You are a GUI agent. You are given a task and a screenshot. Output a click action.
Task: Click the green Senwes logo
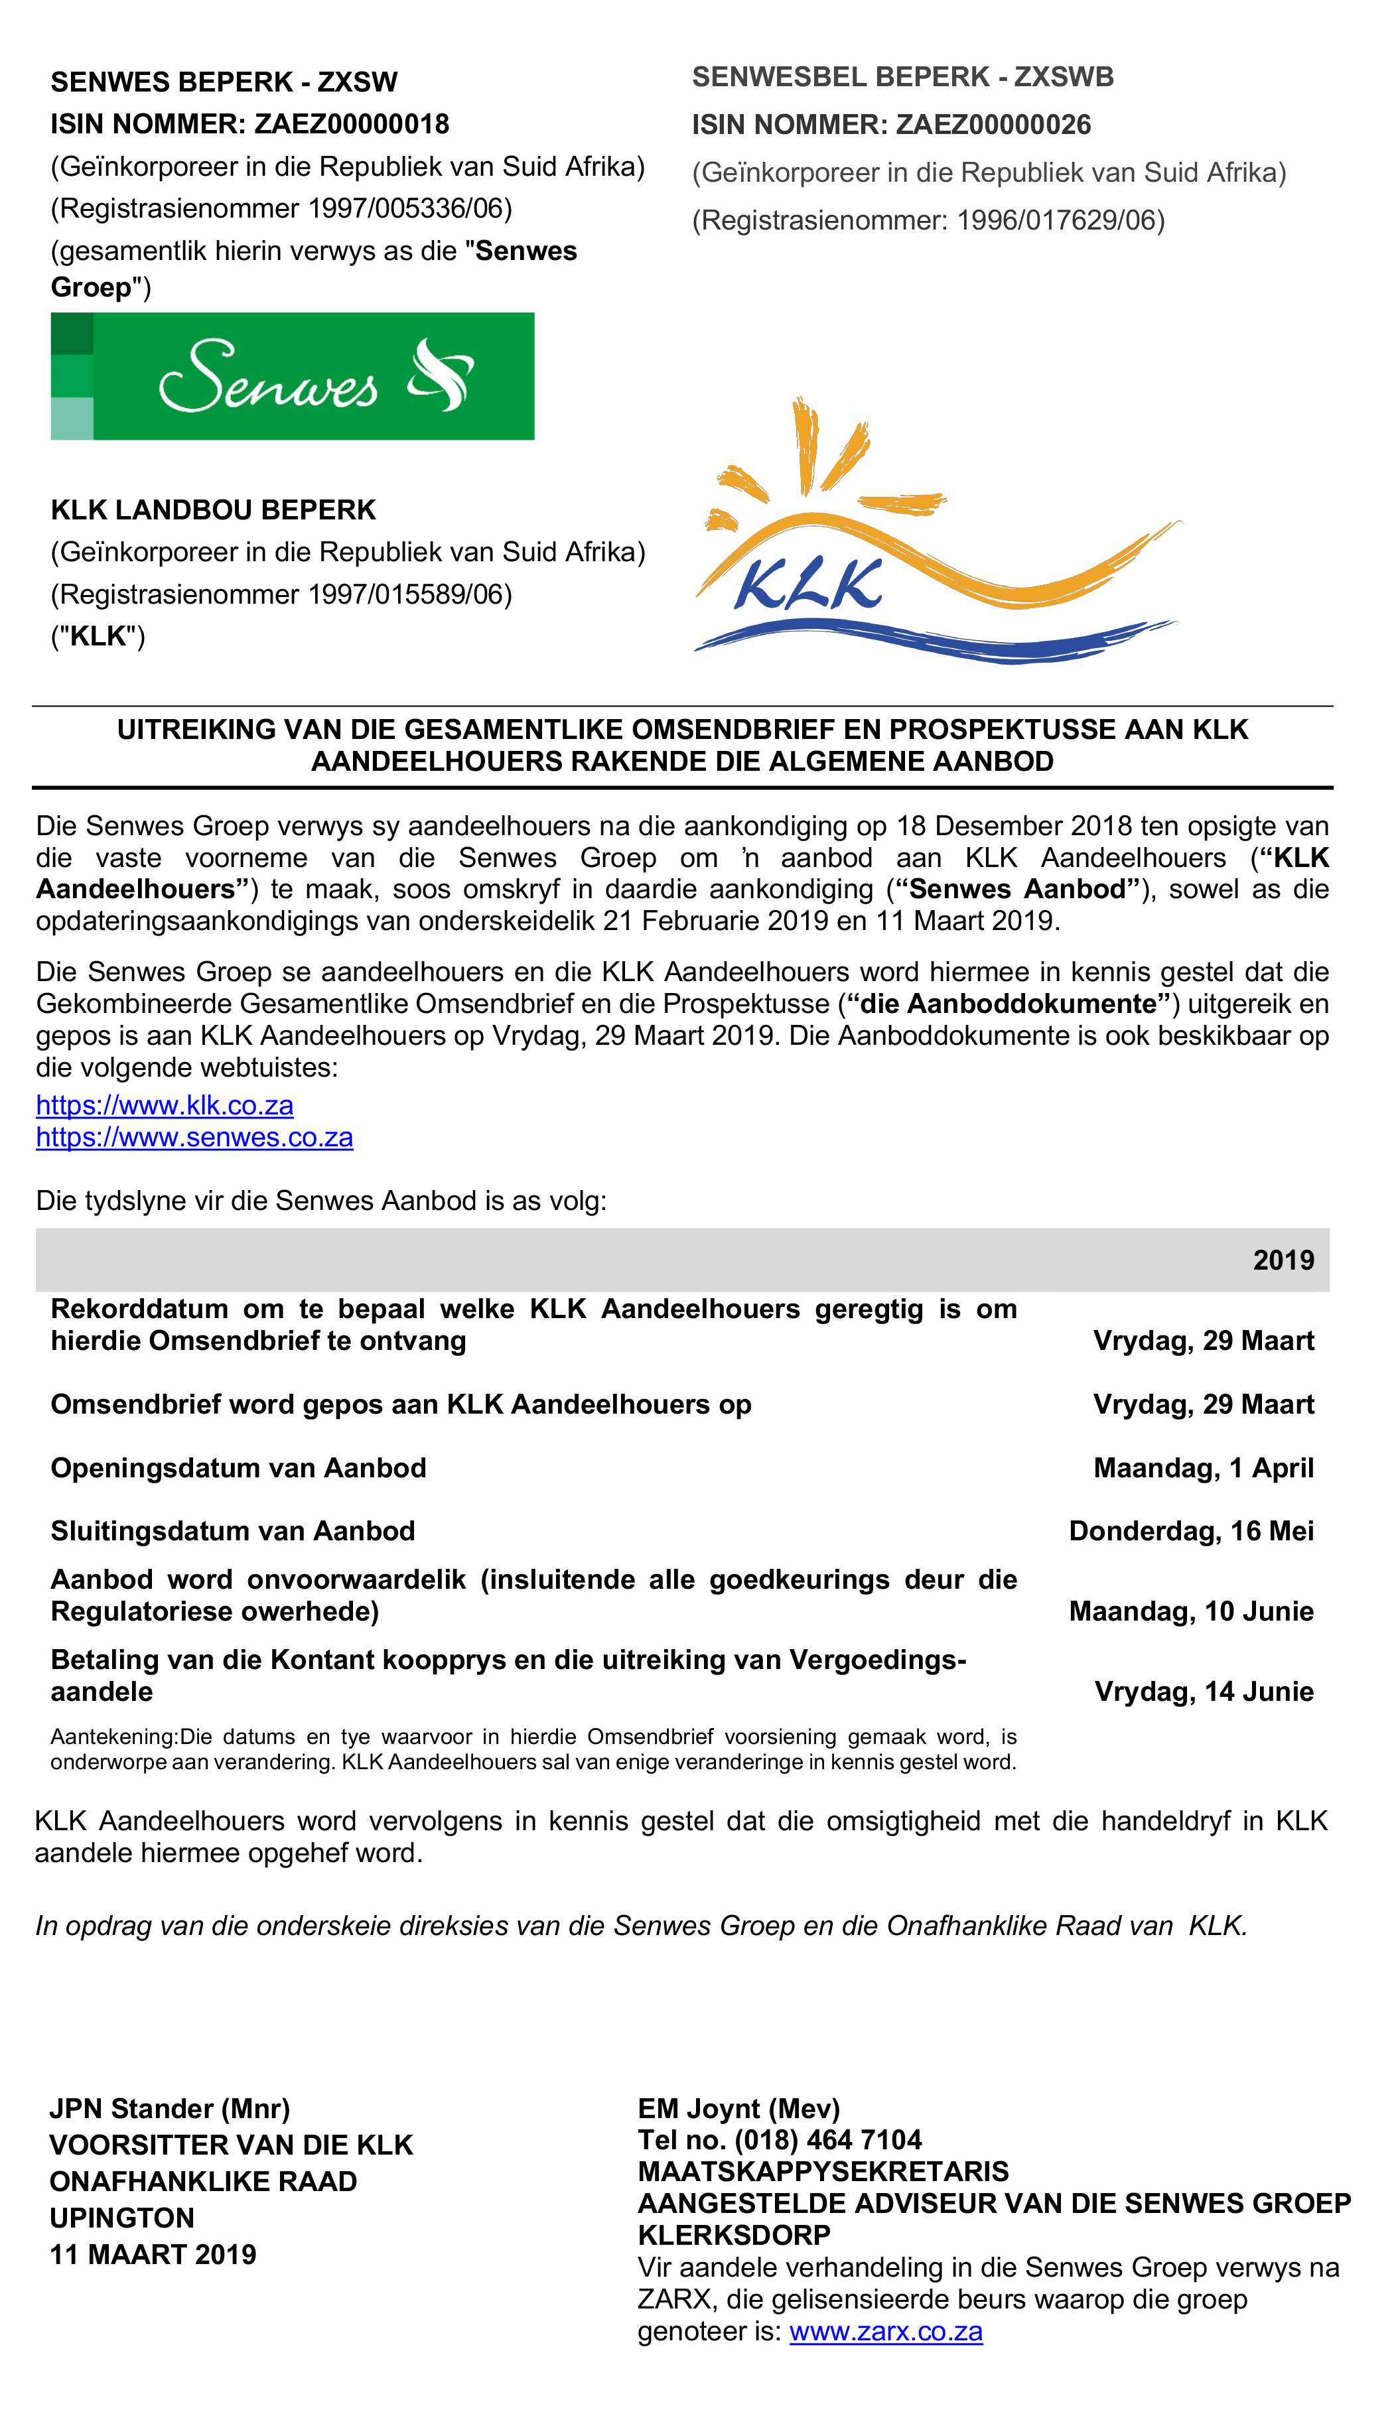292,376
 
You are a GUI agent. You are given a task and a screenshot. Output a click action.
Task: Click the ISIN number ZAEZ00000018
351,124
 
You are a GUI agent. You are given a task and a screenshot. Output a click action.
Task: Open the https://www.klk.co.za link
165,1106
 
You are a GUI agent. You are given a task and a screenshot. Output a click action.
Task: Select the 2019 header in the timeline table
1283,1260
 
